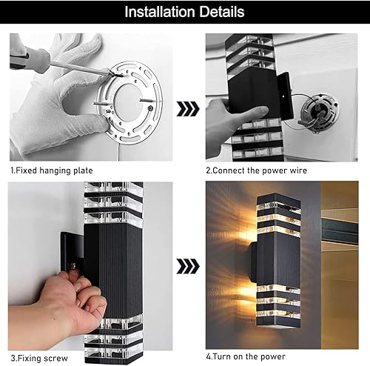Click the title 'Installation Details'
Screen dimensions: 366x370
point(184,12)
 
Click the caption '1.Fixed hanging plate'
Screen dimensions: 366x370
point(51,170)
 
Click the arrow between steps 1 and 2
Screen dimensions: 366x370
point(188,110)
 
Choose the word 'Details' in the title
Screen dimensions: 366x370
point(219,12)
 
